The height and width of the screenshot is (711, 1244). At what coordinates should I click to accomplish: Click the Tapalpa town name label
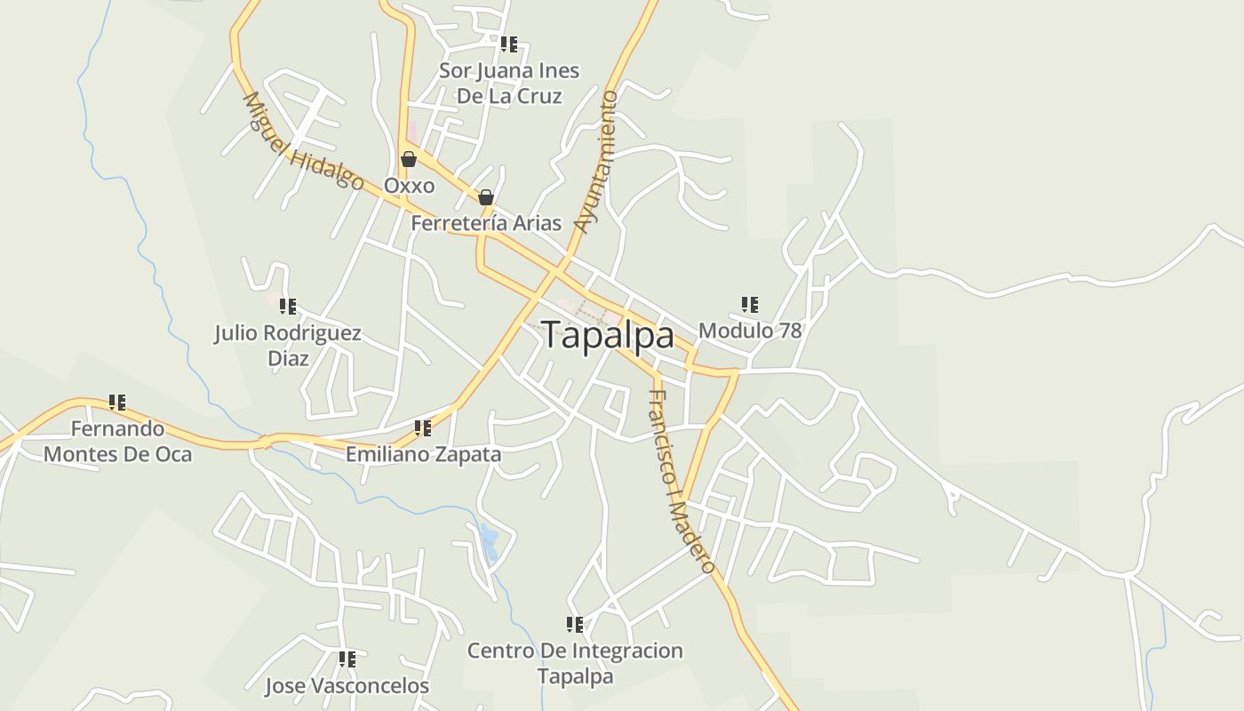click(608, 336)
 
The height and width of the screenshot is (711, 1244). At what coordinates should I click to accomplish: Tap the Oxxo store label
click(409, 186)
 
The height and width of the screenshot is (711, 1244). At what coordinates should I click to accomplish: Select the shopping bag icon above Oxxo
click(409, 160)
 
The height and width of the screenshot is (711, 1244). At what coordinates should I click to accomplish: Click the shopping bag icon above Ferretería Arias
click(486, 197)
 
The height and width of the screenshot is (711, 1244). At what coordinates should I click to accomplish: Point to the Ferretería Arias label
click(486, 223)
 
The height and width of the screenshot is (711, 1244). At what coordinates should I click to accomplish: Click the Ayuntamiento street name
click(596, 161)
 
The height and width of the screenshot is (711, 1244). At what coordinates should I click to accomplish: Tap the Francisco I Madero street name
click(682, 481)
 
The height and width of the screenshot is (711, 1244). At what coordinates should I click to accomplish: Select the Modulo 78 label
click(750, 331)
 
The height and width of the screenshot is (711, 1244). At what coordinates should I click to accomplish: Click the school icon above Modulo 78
click(750, 305)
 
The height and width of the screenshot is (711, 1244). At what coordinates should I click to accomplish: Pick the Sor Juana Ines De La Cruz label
click(509, 83)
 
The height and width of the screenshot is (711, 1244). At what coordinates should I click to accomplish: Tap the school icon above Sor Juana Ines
click(509, 44)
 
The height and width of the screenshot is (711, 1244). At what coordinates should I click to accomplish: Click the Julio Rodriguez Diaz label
click(288, 345)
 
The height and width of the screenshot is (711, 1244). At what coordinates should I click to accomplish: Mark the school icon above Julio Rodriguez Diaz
click(288, 307)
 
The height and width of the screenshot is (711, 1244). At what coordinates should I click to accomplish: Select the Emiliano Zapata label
click(423, 454)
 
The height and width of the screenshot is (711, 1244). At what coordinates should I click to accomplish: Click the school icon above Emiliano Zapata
click(423, 428)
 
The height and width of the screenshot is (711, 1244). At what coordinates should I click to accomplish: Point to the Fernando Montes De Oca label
click(117, 441)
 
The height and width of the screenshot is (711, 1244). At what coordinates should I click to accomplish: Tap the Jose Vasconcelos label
click(347, 685)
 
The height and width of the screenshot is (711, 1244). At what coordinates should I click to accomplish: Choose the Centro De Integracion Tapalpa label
click(575, 663)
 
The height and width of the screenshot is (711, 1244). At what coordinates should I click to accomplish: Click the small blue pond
click(489, 540)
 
